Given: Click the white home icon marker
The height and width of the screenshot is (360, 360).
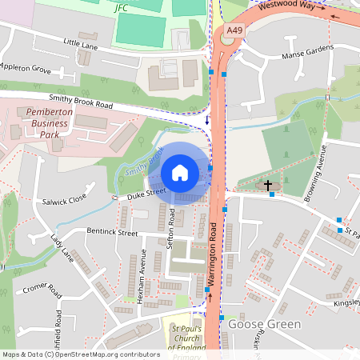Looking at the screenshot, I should point(180,173).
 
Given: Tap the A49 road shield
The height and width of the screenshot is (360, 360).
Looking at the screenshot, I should point(234,31).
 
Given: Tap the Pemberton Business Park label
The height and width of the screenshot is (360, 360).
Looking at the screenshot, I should point(50,124).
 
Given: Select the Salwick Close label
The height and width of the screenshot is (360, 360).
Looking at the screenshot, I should point(64,199).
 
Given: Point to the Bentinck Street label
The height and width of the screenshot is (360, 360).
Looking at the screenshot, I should point(112,232).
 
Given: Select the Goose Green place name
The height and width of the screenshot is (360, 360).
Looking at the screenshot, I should point(265,324).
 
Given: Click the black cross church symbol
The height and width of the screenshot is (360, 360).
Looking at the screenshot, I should point(267,185).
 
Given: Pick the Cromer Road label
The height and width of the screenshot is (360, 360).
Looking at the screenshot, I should point(43,288).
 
